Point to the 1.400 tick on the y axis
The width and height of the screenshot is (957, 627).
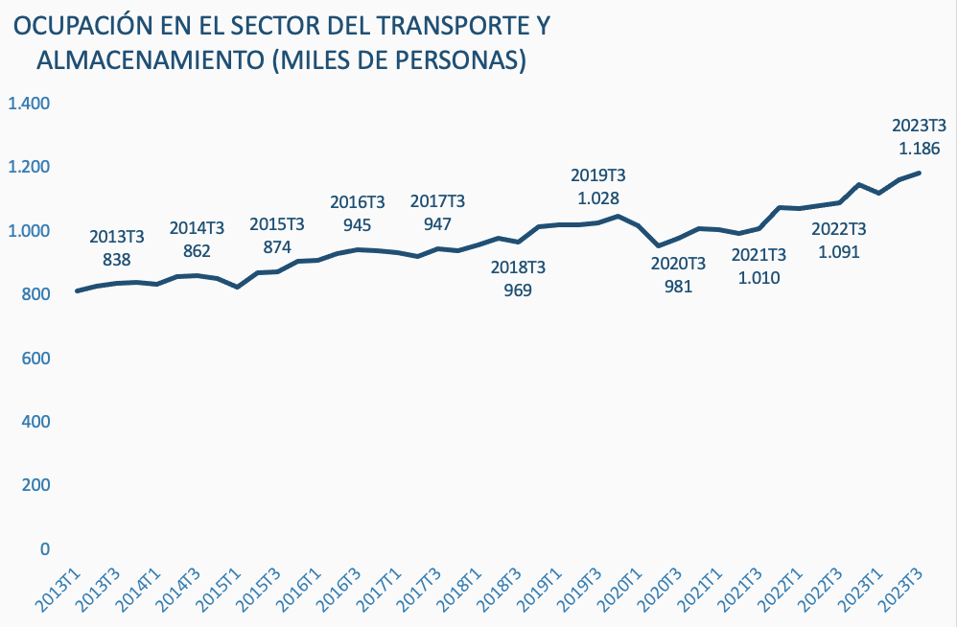(29, 104)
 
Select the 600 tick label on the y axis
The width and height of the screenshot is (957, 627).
(36, 358)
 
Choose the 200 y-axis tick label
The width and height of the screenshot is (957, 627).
(36, 485)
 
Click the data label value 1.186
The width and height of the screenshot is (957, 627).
(919, 149)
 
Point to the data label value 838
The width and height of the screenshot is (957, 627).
(116, 259)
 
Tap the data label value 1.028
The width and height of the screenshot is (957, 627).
(597, 198)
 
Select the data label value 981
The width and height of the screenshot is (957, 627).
(678, 286)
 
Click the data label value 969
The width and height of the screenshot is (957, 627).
(517, 290)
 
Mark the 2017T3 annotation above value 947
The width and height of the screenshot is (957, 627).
(437, 201)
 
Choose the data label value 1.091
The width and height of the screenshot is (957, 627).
(838, 253)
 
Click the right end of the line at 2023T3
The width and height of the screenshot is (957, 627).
(920, 174)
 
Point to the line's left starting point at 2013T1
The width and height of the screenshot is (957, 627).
(77, 290)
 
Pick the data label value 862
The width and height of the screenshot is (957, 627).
(197, 252)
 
